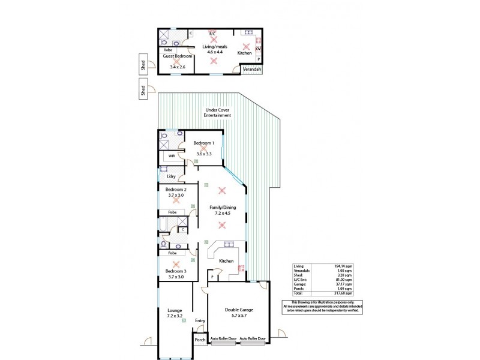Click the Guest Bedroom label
point(176,56)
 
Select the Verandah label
point(251,70)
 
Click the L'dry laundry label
point(170,176)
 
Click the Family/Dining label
point(222,208)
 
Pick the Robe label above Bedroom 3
point(172,253)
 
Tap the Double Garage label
point(239,310)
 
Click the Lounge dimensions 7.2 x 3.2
point(175,316)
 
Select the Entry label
point(200,320)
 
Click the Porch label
point(200,340)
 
